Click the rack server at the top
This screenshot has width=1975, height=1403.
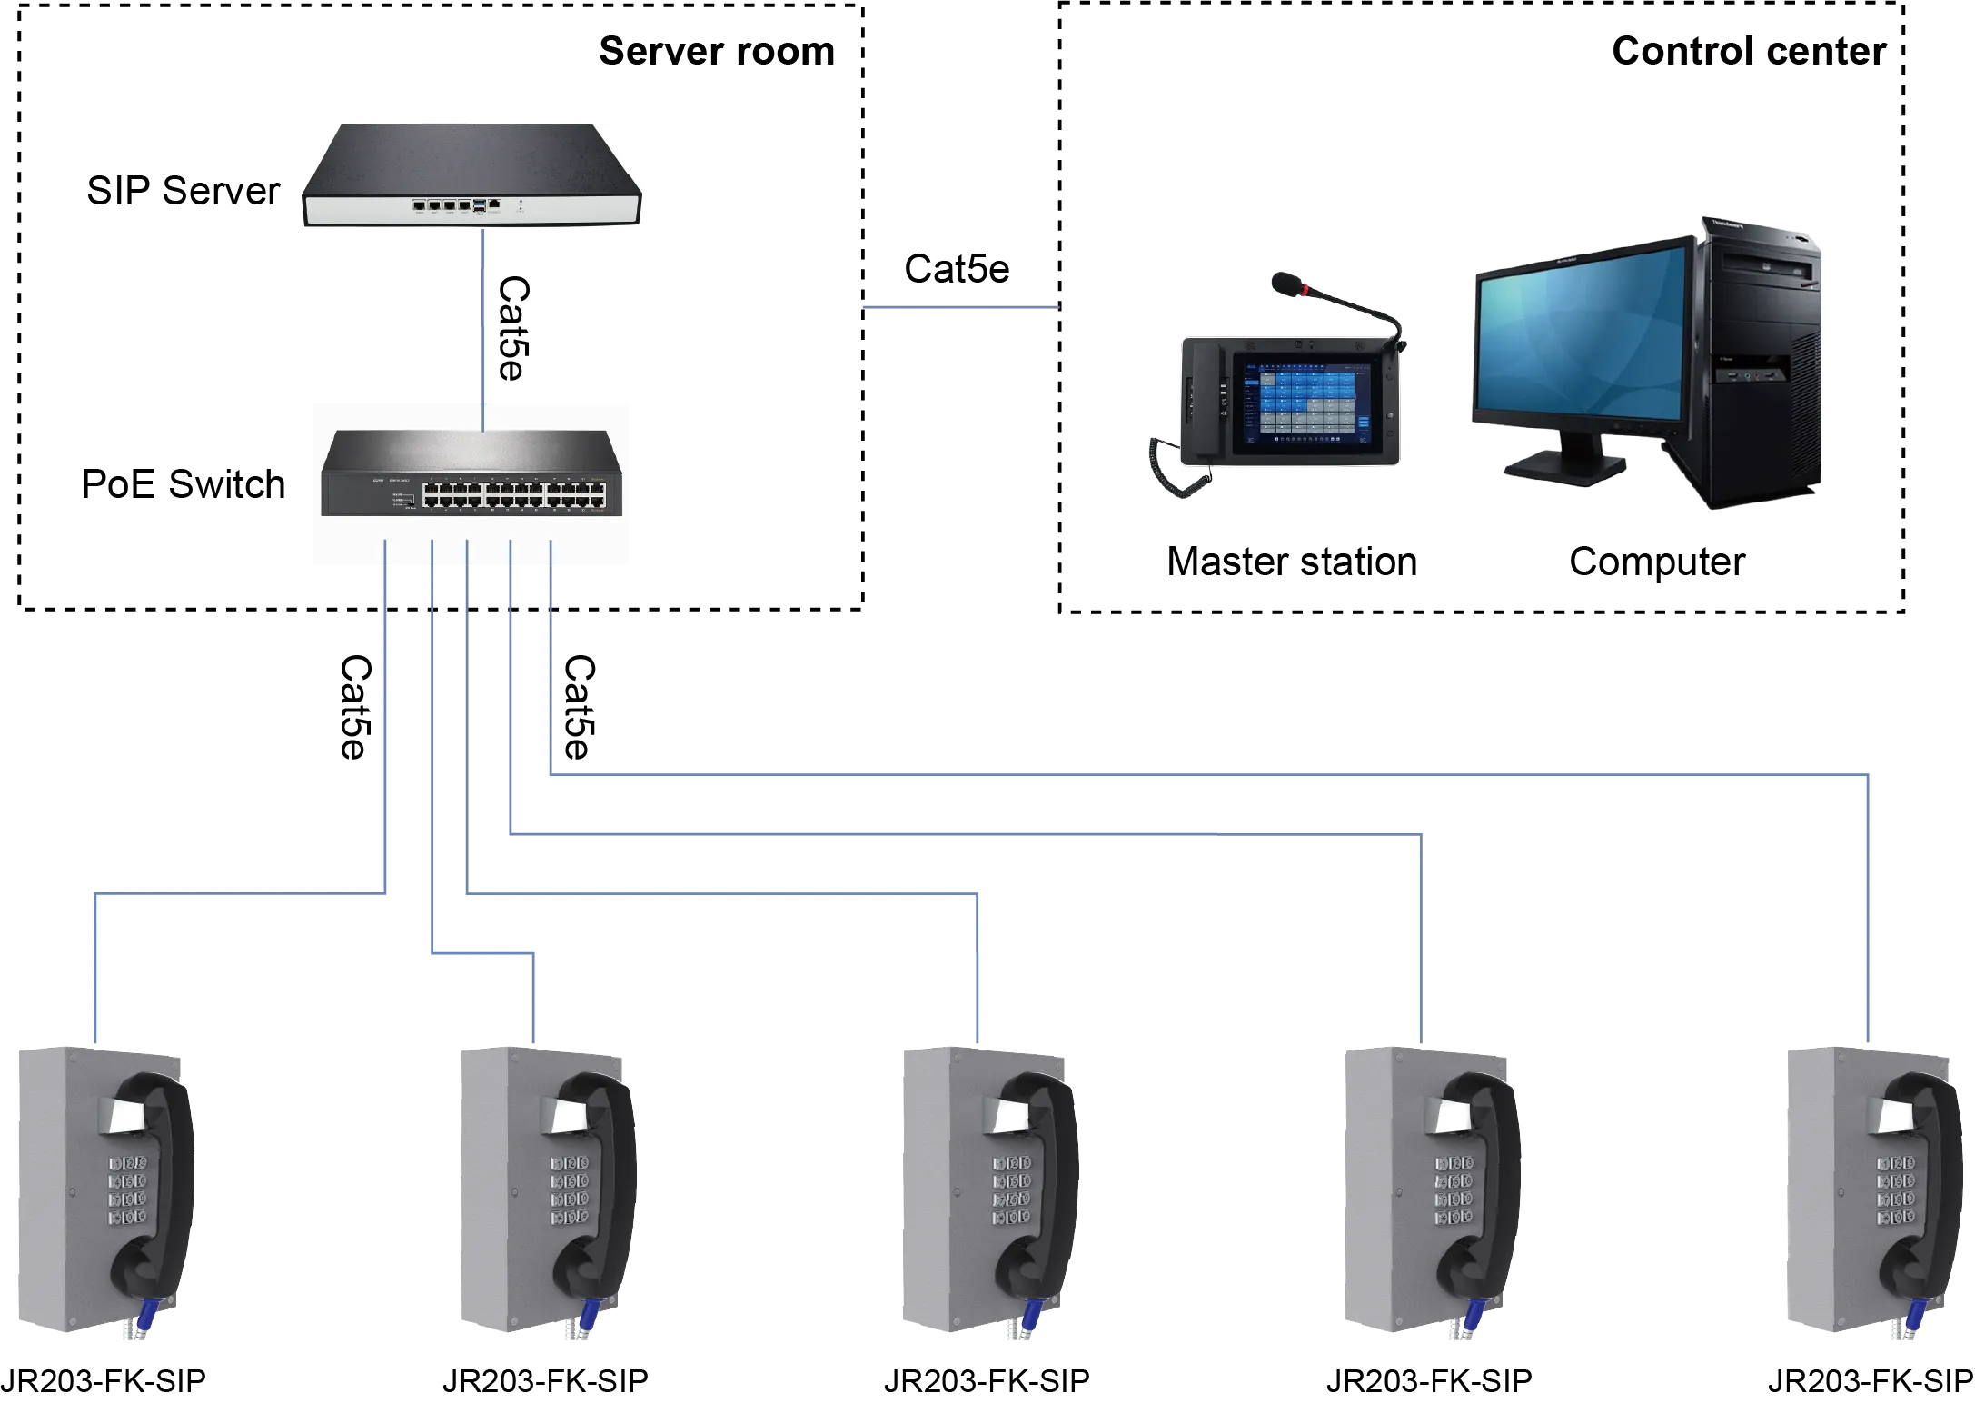(x=472, y=174)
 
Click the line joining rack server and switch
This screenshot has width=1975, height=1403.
(x=484, y=318)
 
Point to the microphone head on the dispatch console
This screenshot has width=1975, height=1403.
(x=1284, y=284)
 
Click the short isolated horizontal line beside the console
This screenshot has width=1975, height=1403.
(x=960, y=309)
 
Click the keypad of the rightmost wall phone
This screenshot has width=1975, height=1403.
(x=1896, y=1190)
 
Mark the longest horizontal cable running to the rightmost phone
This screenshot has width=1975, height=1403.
(x=1208, y=773)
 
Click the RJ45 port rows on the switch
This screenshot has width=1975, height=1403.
(x=513, y=494)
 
